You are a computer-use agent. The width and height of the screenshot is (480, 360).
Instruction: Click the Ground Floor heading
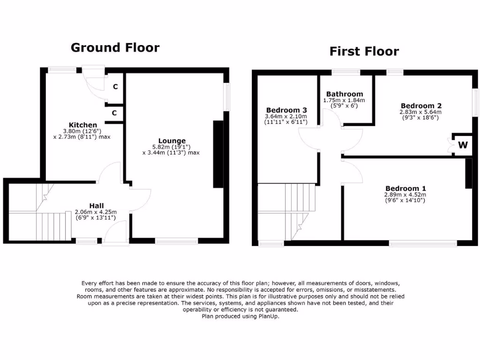tap(115, 48)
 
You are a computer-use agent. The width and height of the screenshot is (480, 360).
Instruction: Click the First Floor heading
tap(364, 51)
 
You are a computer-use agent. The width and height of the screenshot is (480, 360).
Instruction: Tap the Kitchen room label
tap(83, 125)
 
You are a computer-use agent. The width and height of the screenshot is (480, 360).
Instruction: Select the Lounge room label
tap(172, 141)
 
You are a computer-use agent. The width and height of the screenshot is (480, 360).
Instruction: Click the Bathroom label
tap(345, 94)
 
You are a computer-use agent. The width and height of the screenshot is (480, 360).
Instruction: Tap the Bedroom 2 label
tap(421, 105)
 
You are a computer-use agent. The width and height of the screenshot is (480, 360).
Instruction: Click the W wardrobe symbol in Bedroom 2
tap(463, 145)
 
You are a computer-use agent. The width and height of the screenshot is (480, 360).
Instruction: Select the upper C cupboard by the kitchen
tap(115, 87)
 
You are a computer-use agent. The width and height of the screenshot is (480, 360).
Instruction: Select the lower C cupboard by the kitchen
tap(115, 112)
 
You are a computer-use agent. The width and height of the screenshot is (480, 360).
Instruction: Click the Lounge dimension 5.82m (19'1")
tap(171, 146)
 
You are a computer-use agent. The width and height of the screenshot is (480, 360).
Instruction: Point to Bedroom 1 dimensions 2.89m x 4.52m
tap(405, 195)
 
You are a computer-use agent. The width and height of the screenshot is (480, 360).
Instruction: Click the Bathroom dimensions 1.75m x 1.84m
tap(344, 100)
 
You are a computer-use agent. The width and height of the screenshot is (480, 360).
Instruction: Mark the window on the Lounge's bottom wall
tap(176, 241)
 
